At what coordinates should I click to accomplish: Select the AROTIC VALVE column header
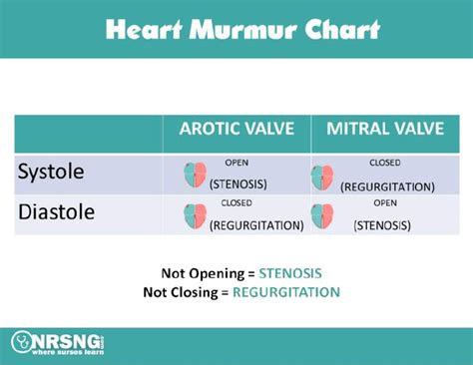(x=236, y=130)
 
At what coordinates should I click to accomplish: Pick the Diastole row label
(x=57, y=212)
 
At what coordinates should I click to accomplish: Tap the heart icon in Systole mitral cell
(x=323, y=178)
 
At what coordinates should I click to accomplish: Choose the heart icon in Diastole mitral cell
(x=323, y=215)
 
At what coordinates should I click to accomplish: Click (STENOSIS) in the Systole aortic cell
(x=244, y=183)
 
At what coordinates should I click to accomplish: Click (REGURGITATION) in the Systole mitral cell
(x=387, y=185)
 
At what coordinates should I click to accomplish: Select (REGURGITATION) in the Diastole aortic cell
(x=256, y=224)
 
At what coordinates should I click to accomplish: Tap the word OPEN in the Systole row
(x=236, y=162)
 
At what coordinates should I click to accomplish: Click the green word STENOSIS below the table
(x=290, y=273)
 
